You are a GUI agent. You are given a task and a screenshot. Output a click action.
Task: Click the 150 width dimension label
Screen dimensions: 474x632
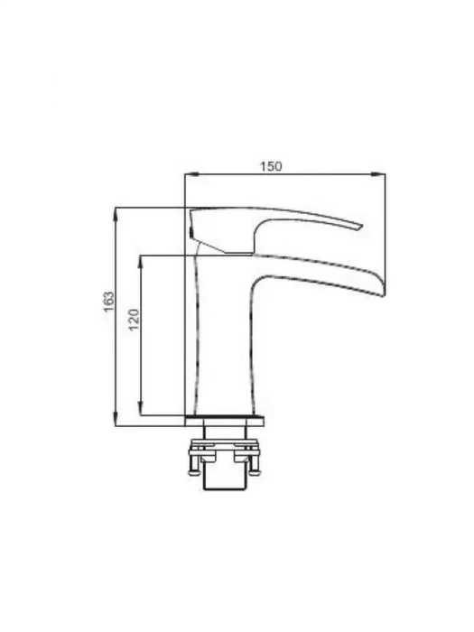click(271, 166)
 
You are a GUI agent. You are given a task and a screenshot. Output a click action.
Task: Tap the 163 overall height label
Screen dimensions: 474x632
click(109, 302)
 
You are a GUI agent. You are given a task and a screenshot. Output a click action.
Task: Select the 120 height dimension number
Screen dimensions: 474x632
click(134, 320)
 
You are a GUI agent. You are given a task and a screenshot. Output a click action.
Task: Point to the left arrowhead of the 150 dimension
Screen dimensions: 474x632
click(191, 174)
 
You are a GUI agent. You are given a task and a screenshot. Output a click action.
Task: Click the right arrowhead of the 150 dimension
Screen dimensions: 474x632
click(378, 174)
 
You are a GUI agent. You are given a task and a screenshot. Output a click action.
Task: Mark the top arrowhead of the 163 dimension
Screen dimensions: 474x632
click(116, 215)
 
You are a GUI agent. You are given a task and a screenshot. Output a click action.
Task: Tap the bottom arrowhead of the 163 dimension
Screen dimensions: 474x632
click(116, 419)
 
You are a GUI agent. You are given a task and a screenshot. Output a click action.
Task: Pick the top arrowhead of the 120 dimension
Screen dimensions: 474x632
click(140, 262)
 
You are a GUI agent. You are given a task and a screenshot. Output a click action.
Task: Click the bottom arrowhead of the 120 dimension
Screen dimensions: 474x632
click(140, 408)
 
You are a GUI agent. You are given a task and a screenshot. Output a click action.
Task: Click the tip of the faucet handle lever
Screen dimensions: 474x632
click(361, 227)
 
